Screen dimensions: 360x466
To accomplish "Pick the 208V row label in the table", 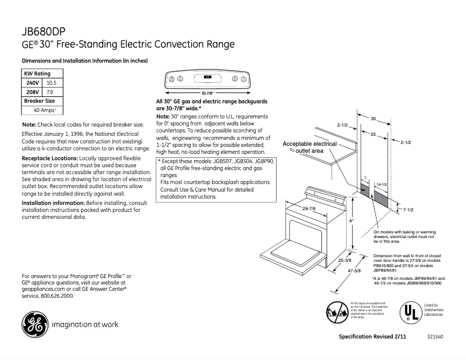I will click(32, 92).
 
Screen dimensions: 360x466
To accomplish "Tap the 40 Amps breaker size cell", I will click(43, 110).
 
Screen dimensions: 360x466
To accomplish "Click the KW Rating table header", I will click(37, 74).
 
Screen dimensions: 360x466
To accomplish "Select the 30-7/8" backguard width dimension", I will click(208, 93).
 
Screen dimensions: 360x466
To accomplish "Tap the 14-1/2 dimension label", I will click(382, 184).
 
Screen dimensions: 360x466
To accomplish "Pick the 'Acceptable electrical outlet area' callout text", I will click(310, 147).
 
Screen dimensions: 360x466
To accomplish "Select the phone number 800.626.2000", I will click(54, 296).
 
